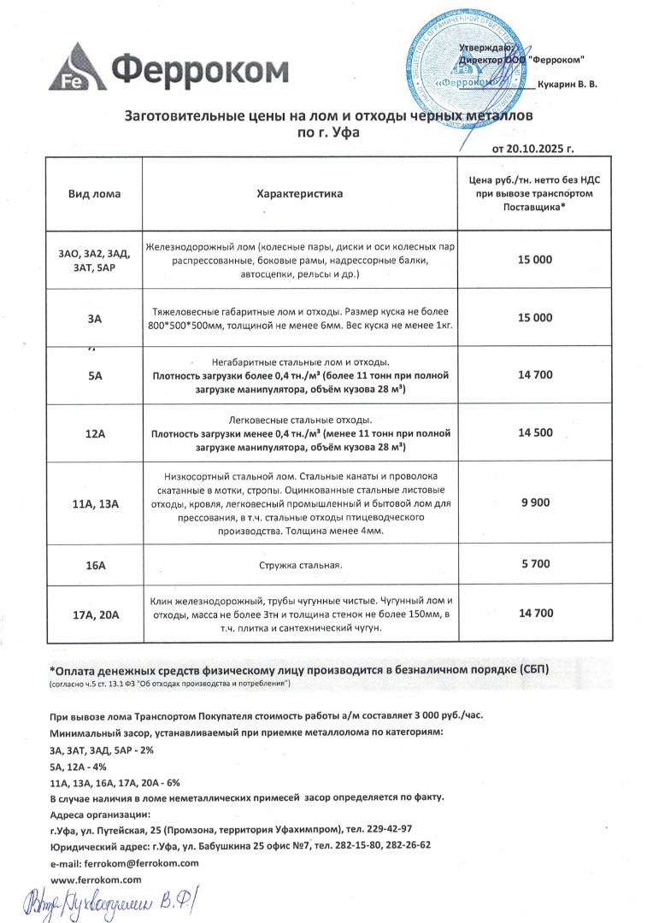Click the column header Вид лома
[94, 194]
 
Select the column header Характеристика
[299, 194]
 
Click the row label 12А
[95, 434]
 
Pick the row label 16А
[95, 564]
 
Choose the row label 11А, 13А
[95, 504]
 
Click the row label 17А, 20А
[95, 614]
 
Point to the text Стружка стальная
[299, 565]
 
